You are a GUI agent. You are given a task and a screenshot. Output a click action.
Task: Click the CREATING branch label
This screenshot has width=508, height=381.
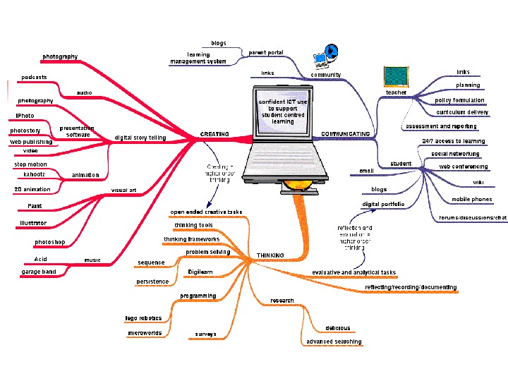(214, 133)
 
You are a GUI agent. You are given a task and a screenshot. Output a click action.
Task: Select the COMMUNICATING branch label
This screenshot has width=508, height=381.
(345, 133)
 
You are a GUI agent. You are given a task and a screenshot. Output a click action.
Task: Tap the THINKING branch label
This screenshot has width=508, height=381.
(270, 255)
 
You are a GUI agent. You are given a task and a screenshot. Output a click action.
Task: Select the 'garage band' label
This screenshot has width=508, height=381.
(39, 272)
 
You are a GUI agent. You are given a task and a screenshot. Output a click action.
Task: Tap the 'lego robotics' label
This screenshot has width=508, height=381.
(143, 318)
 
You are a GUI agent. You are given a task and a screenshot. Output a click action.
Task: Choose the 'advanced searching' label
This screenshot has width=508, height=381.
(334, 341)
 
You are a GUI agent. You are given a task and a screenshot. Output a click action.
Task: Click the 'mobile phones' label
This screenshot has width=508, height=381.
(472, 200)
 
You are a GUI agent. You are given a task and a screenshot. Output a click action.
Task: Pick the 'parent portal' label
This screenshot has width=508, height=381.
(266, 53)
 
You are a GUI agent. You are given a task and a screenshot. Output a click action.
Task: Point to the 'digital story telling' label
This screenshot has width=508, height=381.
(140, 138)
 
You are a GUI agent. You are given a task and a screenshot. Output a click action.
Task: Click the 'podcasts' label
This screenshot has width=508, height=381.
(35, 77)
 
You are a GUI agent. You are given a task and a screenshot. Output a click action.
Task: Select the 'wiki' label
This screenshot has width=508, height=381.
(478, 182)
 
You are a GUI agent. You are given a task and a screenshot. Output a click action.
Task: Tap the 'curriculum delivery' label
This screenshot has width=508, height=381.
(462, 112)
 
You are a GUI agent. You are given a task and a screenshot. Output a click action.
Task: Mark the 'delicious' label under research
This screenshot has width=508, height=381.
(338, 328)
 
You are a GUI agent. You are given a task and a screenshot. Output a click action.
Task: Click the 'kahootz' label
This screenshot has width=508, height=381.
(35, 174)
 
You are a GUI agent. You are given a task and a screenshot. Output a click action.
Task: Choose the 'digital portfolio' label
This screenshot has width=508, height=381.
(384, 205)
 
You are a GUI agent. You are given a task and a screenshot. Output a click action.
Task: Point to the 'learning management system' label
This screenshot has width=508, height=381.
(198, 58)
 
